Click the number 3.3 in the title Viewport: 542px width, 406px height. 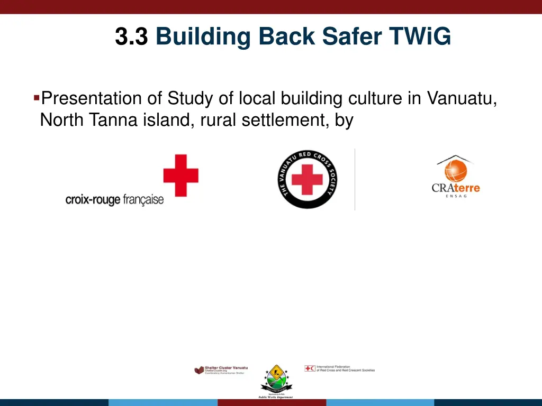(131, 37)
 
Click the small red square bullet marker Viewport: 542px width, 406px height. (36, 97)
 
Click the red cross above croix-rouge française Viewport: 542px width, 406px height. (180, 175)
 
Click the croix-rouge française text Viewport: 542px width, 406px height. (114, 200)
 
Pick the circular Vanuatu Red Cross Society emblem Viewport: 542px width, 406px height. (308, 179)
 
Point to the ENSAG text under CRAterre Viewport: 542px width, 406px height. (456, 196)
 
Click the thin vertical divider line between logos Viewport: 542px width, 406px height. (355, 179)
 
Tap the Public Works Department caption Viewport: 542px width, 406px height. (275, 397)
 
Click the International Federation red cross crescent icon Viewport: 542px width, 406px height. (310, 368)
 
